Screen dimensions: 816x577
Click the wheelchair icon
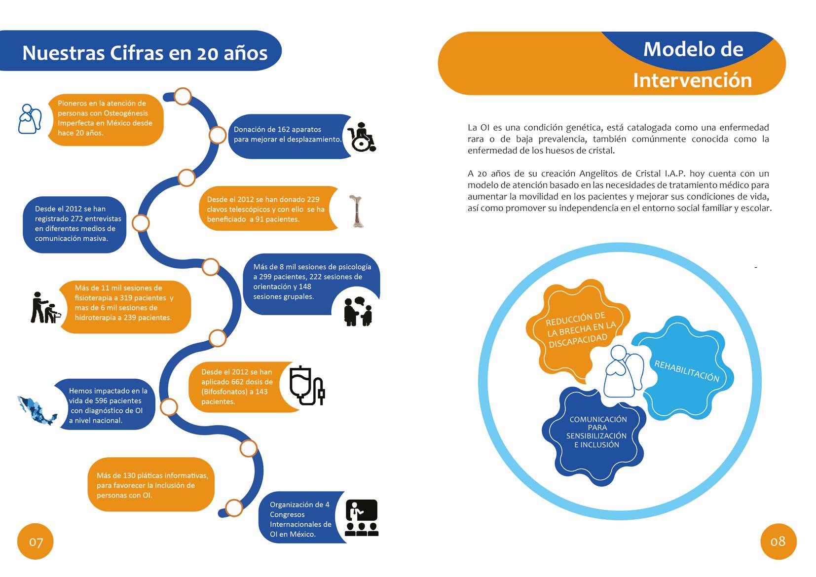[362, 137]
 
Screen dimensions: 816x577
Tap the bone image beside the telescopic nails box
[357, 211]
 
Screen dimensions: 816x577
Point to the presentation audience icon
[362, 518]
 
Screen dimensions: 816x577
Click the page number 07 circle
[36, 541]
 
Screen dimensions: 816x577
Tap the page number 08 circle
[778, 541]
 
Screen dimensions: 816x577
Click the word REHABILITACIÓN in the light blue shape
[686, 371]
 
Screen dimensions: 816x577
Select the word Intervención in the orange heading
[692, 80]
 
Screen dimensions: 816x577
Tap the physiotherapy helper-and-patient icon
[46, 309]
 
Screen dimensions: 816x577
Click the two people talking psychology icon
[358, 312]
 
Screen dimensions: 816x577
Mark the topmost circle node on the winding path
[183, 96]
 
